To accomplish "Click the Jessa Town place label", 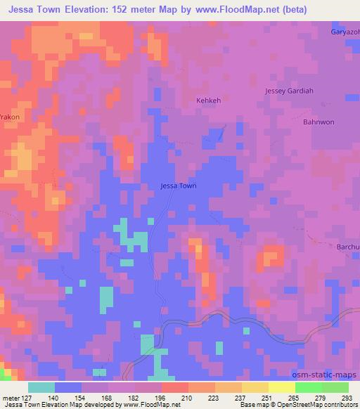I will (x=179, y=186).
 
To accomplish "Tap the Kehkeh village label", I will (x=208, y=100).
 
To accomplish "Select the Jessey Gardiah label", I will (x=289, y=91).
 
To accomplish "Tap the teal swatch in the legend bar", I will (x=41, y=387).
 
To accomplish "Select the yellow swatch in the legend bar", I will (x=281, y=387).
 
